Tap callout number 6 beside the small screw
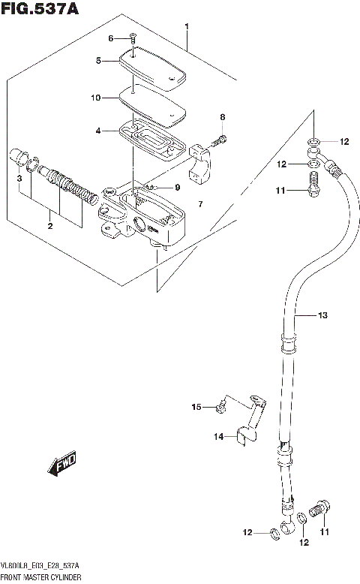pyautogui.click(x=110, y=38)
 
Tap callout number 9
pyautogui.click(x=178, y=187)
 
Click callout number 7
pyautogui.click(x=200, y=205)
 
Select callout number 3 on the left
pyautogui.click(x=19, y=179)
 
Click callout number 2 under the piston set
pyautogui.click(x=50, y=225)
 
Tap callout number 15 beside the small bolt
pyautogui.click(x=197, y=407)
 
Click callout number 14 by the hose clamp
pyautogui.click(x=219, y=436)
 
